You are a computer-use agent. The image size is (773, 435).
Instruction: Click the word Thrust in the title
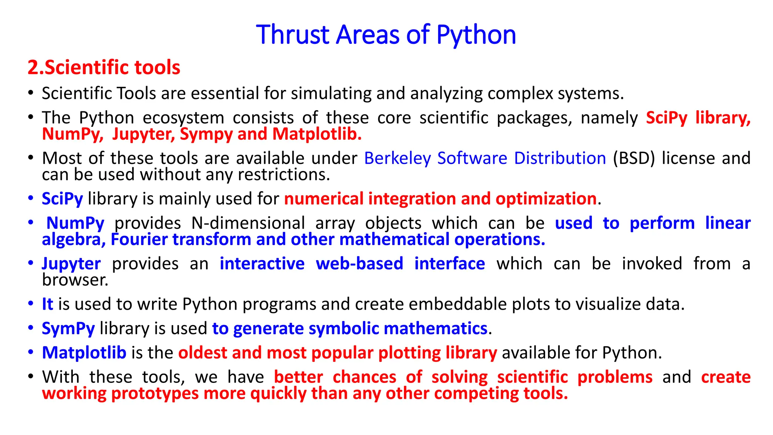coord(293,35)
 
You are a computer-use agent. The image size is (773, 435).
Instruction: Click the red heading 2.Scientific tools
coord(104,68)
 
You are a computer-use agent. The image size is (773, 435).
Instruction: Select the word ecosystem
coord(183,118)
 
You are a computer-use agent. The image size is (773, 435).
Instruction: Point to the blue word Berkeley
coord(397,158)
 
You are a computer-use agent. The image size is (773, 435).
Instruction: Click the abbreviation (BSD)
coord(634,158)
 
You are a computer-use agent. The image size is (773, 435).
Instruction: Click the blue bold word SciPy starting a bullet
coord(62,199)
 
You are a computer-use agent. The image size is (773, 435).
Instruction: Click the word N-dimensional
coord(248,223)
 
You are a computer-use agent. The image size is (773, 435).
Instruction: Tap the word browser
coord(75,280)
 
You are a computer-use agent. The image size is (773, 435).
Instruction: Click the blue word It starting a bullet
coord(47,304)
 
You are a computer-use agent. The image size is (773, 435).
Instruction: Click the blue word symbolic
coord(343,329)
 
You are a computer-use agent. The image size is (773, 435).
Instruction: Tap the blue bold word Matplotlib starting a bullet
coord(84,353)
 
